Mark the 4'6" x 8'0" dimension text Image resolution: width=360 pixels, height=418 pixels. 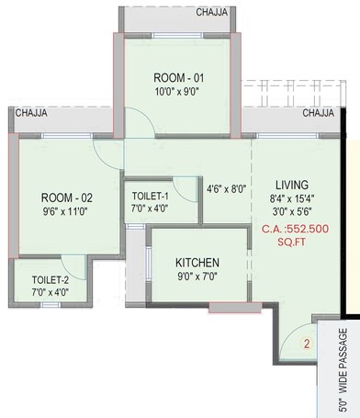(227, 189)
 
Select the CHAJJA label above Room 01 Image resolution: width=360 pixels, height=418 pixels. (213, 14)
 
